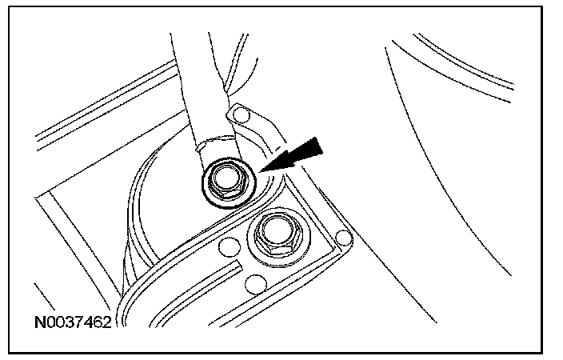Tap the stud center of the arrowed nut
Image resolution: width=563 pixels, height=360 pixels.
[226, 181]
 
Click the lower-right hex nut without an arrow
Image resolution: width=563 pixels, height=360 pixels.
[275, 234]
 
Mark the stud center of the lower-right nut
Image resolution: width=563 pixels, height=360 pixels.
[276, 232]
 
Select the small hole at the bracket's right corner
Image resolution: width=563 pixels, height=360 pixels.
[344, 238]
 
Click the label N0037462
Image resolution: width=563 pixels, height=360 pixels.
[74, 323]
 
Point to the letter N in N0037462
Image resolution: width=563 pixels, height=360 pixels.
[39, 323]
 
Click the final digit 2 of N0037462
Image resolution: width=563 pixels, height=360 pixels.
[108, 323]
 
